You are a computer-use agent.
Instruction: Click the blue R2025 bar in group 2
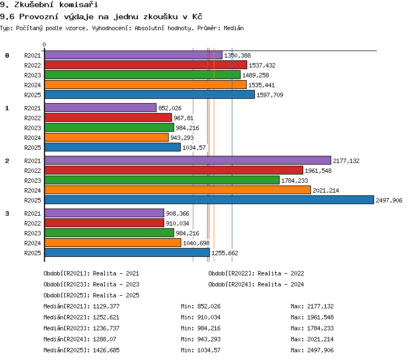point(209,200)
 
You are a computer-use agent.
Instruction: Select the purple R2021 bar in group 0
point(133,55)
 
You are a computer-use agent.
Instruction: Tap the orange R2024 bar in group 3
point(113,243)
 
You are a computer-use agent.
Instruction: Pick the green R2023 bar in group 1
point(109,127)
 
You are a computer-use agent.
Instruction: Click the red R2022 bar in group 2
point(174,170)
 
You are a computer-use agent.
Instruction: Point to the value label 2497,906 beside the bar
point(389,200)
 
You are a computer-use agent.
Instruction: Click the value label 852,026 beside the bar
point(170,108)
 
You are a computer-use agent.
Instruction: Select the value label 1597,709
point(270,95)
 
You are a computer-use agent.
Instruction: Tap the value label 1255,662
point(225,253)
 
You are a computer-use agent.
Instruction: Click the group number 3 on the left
point(7,213)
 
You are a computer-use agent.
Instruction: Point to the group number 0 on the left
point(7,55)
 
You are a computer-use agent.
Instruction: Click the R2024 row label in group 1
point(32,138)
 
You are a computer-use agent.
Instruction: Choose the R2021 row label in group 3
point(32,213)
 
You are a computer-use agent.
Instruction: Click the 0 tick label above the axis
point(44,44)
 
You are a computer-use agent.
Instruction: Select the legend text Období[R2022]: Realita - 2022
point(256,273)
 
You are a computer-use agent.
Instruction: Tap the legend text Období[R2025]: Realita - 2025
point(91,295)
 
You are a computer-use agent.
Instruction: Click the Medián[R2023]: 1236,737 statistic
point(81,328)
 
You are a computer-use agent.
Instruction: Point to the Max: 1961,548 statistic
point(312,317)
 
